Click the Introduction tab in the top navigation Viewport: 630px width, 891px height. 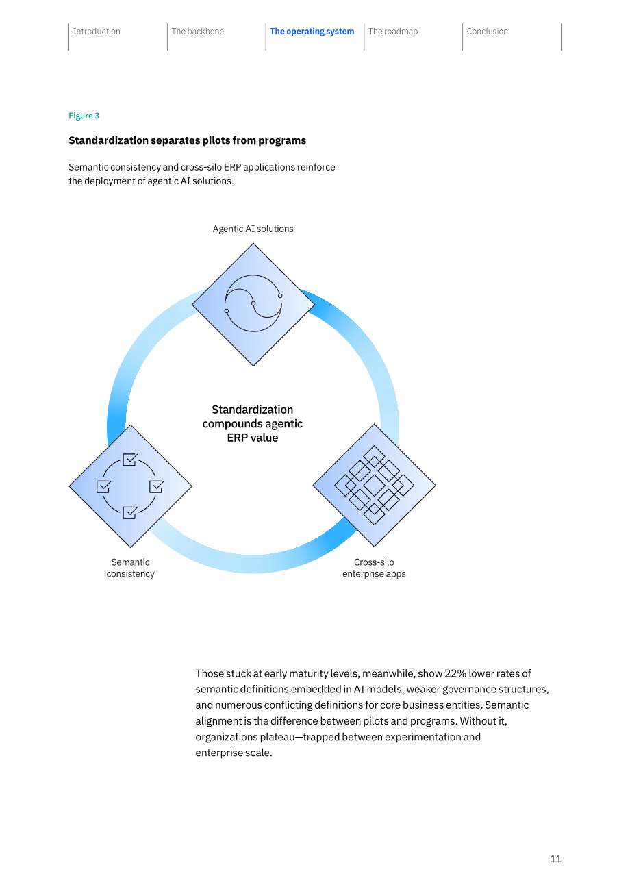coord(97,32)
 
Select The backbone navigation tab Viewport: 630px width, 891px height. coord(198,32)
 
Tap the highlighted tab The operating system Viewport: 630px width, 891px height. coord(312,32)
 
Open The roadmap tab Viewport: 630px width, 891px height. coord(393,32)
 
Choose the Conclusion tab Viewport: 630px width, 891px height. coord(487,32)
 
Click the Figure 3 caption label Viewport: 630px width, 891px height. coord(84,116)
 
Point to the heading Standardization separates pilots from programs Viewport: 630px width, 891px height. coord(188,140)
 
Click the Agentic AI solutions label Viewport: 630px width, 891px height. coord(253,229)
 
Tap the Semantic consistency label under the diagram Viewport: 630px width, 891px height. coord(131,568)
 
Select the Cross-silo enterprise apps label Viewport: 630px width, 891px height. coord(374,568)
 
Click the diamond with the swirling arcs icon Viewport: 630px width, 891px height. coord(253,305)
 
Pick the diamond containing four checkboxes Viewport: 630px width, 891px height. coord(131,486)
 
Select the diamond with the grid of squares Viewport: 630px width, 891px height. coord(375,486)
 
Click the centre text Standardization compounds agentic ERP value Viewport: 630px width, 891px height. coord(253,424)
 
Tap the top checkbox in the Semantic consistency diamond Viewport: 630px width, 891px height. coord(130,460)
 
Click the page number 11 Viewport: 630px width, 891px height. coord(555,859)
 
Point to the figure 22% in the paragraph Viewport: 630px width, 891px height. coord(455,673)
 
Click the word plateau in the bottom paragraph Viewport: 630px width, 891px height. coord(277,737)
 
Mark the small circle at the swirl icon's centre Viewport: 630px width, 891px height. coord(253,303)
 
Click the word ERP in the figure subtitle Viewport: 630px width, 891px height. coord(232,167)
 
